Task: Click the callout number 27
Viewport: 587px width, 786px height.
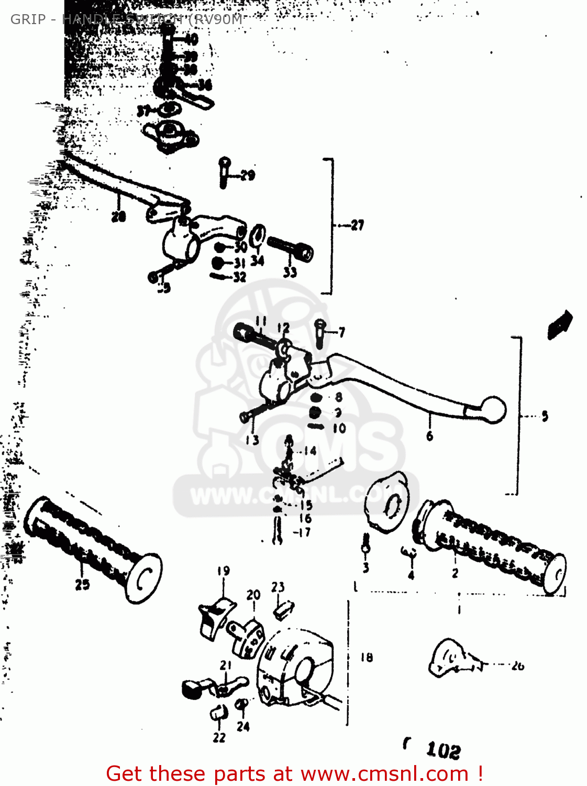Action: tap(357, 225)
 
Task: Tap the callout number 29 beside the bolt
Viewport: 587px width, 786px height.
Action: tap(247, 175)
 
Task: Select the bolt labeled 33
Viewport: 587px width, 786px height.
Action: tap(290, 248)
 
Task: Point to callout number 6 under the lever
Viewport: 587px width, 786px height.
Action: tap(429, 436)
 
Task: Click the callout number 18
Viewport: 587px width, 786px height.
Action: tap(367, 657)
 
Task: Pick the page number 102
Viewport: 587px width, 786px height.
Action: tap(443, 750)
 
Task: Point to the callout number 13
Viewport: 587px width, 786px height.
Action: tap(252, 440)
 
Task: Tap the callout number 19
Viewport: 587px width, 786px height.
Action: tap(223, 571)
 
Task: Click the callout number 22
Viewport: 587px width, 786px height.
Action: tap(219, 737)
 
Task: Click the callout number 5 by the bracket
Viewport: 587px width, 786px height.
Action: tap(545, 417)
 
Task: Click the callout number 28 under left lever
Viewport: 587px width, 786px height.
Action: tap(118, 216)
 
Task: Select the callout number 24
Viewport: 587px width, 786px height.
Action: tap(243, 727)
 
